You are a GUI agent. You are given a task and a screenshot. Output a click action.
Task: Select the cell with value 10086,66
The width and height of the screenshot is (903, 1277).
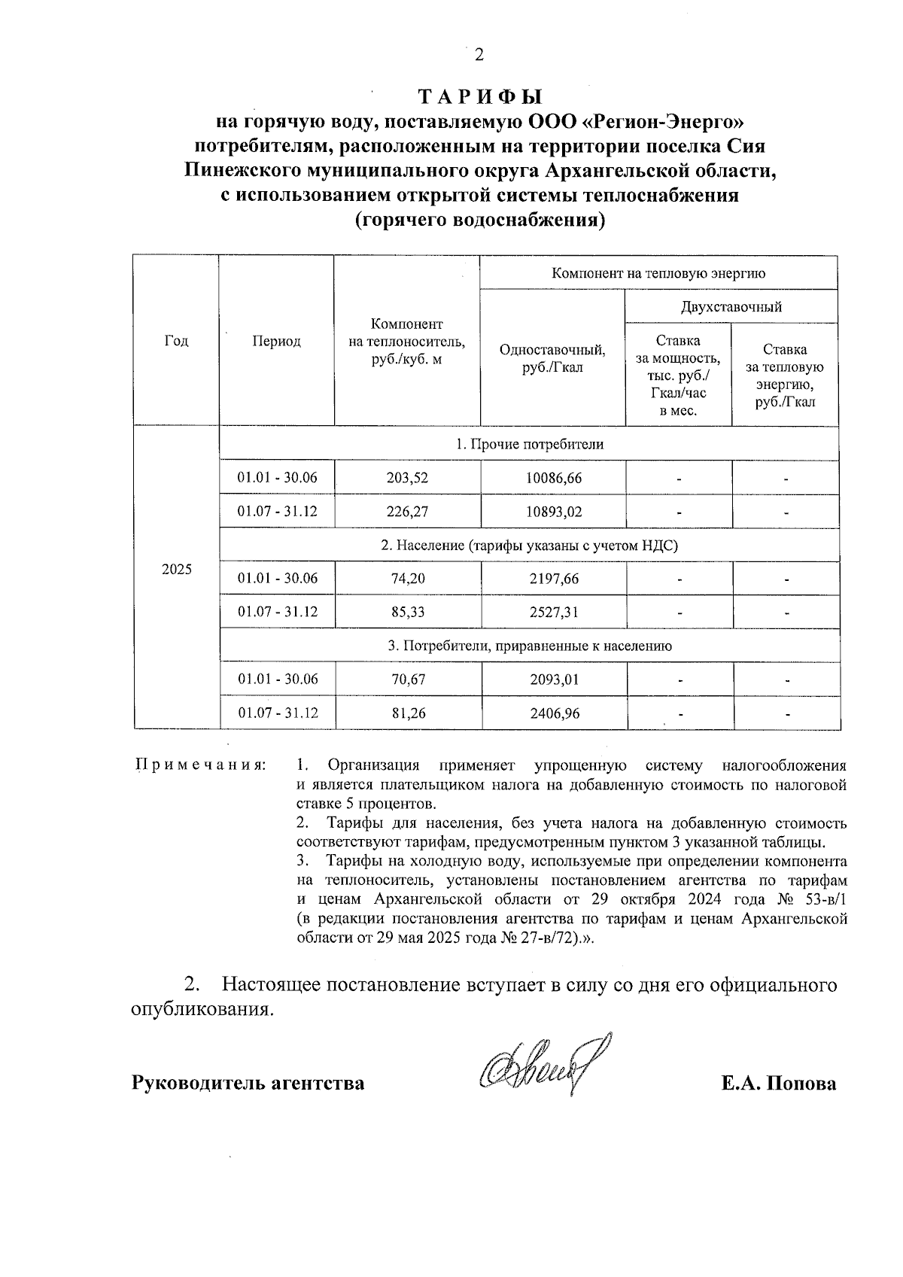point(554,478)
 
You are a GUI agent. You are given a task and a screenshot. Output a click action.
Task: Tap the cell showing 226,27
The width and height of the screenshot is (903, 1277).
point(408,512)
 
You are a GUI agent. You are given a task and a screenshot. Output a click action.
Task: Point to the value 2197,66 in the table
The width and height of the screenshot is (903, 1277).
point(554,579)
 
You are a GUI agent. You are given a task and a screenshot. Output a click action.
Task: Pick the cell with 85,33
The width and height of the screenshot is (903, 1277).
point(408,612)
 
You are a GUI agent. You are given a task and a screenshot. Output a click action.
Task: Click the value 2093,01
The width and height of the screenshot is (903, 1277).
point(554,680)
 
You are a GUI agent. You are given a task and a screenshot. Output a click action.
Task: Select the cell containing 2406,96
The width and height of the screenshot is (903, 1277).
point(554,713)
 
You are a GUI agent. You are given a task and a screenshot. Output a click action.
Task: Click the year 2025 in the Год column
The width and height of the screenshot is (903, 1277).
point(177,570)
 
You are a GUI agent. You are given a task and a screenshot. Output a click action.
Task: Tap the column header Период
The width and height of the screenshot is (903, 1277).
point(276,342)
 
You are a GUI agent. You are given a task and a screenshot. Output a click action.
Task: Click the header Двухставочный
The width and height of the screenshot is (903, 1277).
point(731,307)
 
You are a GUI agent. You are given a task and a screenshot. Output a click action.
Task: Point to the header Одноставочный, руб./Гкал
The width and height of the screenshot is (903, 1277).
point(553,358)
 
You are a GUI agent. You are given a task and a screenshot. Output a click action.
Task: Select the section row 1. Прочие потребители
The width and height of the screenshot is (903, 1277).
point(530,445)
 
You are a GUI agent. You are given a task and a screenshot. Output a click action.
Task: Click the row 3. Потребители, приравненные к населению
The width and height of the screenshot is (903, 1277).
point(530,646)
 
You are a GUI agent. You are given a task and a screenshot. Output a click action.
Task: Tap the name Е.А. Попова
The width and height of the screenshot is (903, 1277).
point(778,1084)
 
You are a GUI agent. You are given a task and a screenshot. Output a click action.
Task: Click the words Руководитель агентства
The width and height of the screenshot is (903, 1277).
point(248,1084)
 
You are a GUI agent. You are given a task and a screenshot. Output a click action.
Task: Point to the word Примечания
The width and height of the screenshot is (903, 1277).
point(200,766)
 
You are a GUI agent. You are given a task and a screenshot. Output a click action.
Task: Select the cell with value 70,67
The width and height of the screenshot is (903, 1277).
point(408,680)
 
